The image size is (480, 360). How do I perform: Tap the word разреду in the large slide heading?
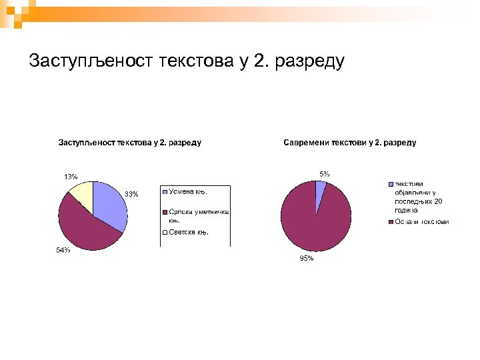click(x=310, y=61)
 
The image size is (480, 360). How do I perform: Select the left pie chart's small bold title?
click(x=130, y=142)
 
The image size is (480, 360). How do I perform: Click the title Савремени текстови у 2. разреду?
click(x=349, y=142)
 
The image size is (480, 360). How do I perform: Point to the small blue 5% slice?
click(x=320, y=190)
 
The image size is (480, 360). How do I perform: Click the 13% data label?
click(x=71, y=177)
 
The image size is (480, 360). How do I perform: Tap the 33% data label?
click(x=132, y=194)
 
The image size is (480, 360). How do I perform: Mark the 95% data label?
click(x=306, y=259)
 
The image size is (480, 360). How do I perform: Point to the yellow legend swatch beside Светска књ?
click(x=165, y=233)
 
